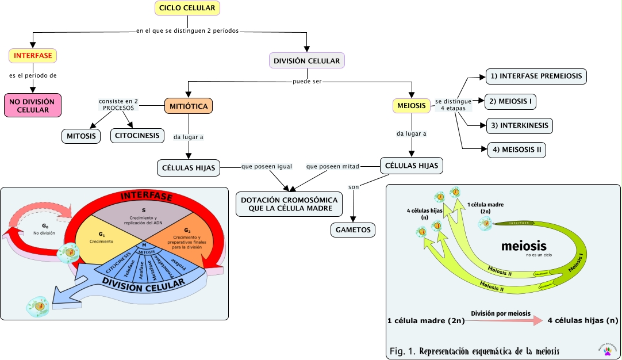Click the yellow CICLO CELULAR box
point(187,8)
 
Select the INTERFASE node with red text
point(33,56)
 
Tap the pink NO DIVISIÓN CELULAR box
point(32,105)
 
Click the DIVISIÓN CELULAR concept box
point(306,60)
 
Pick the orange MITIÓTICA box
point(189,106)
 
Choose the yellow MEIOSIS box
point(412,106)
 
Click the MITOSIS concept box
point(80,136)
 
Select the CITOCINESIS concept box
point(138,136)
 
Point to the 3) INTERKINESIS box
point(519,125)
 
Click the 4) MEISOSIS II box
point(516,150)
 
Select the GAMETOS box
point(352,230)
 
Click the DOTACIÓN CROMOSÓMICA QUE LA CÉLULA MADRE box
point(289,204)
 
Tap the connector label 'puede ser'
point(306,82)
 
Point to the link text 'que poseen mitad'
point(333,167)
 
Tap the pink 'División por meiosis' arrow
point(506,321)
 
